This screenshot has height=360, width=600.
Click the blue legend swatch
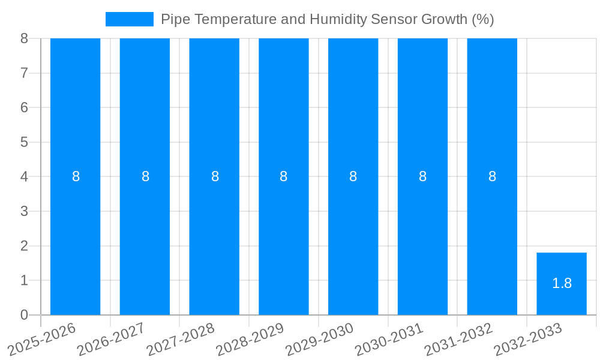[129, 19]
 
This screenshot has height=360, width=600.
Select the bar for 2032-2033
[561, 284]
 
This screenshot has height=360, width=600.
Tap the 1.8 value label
[562, 283]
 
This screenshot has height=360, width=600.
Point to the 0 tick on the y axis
[24, 315]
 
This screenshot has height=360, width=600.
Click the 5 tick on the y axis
[24, 142]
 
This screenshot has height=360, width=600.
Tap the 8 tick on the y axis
[24, 38]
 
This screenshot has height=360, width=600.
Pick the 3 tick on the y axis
[24, 211]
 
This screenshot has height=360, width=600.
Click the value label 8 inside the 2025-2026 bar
[76, 176]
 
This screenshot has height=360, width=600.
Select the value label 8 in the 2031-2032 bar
[492, 176]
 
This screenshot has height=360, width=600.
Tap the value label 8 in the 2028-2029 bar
[283, 176]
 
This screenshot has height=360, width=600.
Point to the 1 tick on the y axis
[24, 280]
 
